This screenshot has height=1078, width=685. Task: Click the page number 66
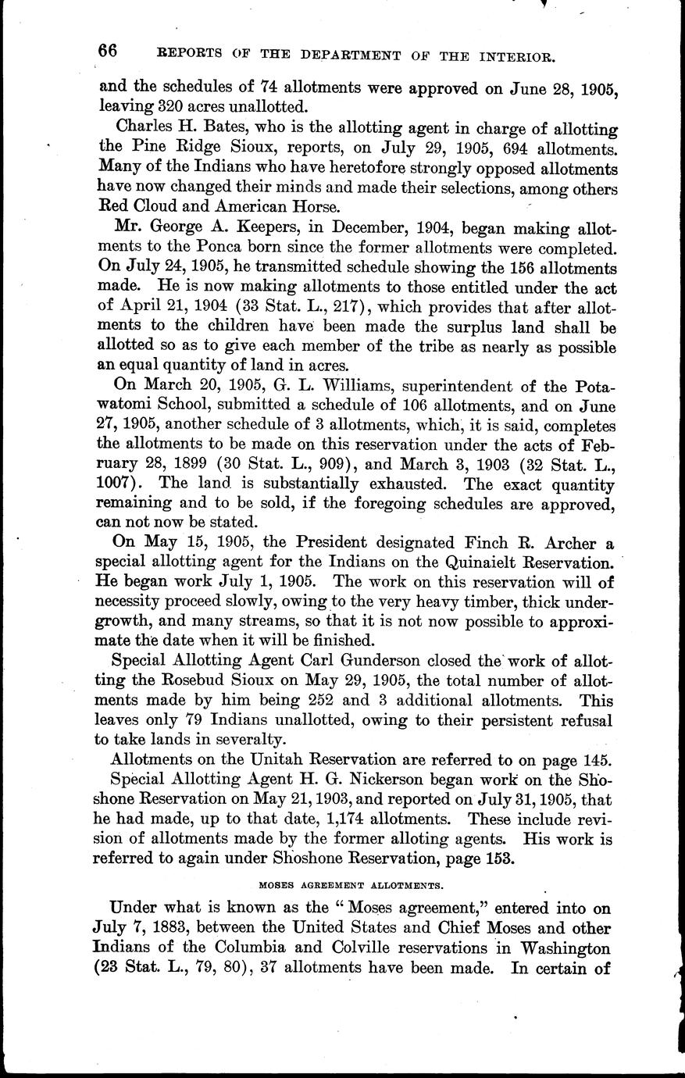coord(109,51)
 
